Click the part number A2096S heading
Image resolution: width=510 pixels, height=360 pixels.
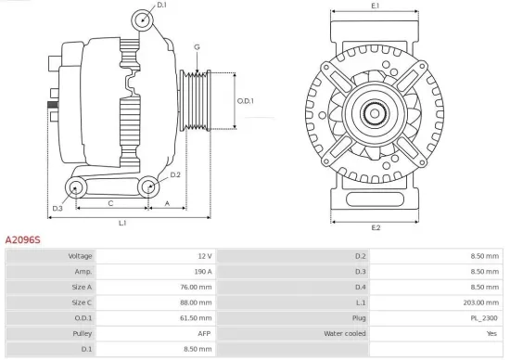23,239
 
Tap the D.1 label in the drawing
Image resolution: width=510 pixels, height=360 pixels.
161,6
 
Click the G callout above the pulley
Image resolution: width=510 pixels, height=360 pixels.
197,46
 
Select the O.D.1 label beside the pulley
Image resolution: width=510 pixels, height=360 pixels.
245,101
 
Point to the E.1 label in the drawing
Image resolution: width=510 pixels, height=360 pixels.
376,6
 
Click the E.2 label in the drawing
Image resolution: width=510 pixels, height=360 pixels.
376,227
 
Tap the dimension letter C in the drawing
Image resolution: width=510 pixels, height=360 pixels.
111,202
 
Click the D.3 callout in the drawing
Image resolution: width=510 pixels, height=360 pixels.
57,208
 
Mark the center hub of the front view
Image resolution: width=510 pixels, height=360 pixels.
376,114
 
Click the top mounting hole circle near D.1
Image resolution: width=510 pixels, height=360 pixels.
142,20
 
